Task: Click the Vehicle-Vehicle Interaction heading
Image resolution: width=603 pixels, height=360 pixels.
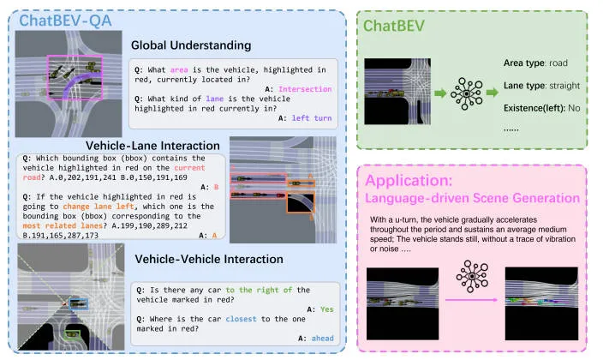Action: click(x=209, y=258)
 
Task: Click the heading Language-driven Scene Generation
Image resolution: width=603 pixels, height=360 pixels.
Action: click(x=472, y=198)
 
